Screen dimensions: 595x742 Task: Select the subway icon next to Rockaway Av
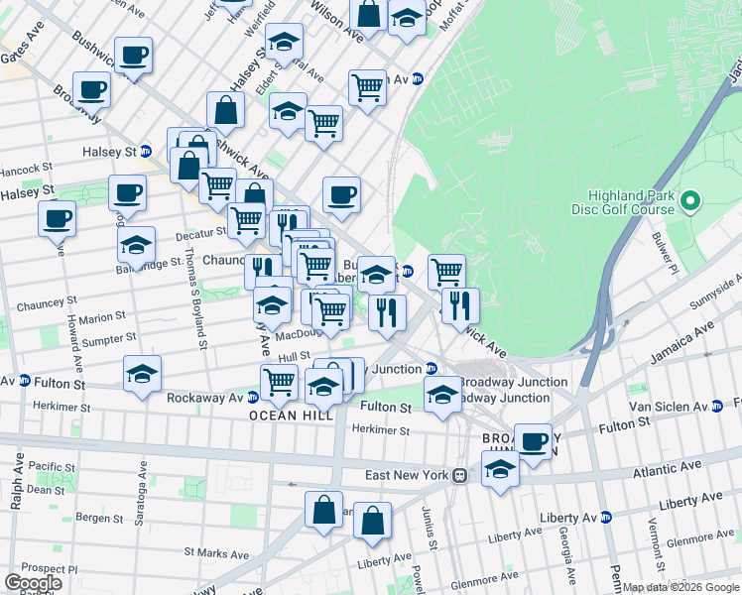point(254,397)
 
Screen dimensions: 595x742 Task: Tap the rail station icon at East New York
point(460,476)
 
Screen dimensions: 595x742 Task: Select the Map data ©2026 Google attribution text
point(680,587)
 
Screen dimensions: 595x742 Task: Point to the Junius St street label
point(431,527)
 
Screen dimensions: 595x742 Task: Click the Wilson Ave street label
point(336,22)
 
